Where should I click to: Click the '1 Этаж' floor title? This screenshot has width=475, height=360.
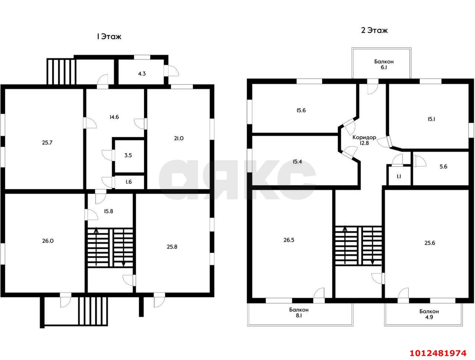click(x=109, y=37)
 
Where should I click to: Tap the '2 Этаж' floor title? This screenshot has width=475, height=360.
click(x=374, y=30)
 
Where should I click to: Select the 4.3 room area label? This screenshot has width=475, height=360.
click(x=142, y=74)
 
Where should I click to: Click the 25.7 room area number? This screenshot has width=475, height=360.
click(x=47, y=142)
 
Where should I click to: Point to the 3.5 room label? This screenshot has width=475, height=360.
click(x=128, y=155)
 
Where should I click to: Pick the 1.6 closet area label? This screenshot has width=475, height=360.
click(x=128, y=182)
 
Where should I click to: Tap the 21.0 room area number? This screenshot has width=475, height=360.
click(x=179, y=138)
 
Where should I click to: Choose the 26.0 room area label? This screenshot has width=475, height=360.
click(x=48, y=241)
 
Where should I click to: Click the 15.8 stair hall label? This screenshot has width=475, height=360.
click(x=108, y=211)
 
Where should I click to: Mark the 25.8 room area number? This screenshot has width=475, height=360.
click(x=172, y=247)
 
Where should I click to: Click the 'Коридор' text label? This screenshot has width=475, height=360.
click(x=364, y=137)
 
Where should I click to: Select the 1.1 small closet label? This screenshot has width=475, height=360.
click(x=399, y=176)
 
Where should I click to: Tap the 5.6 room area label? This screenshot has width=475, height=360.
click(x=443, y=166)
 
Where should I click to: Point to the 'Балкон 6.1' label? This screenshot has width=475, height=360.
click(x=384, y=65)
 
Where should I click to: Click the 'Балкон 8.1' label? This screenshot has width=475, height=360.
click(x=299, y=313)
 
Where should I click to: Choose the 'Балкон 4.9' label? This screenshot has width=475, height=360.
click(x=429, y=314)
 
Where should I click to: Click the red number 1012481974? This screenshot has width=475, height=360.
click(x=438, y=353)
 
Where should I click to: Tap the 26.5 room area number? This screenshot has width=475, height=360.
click(x=289, y=240)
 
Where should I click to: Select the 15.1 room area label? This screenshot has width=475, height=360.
click(x=431, y=119)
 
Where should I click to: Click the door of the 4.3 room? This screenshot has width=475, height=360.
click(x=173, y=70)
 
